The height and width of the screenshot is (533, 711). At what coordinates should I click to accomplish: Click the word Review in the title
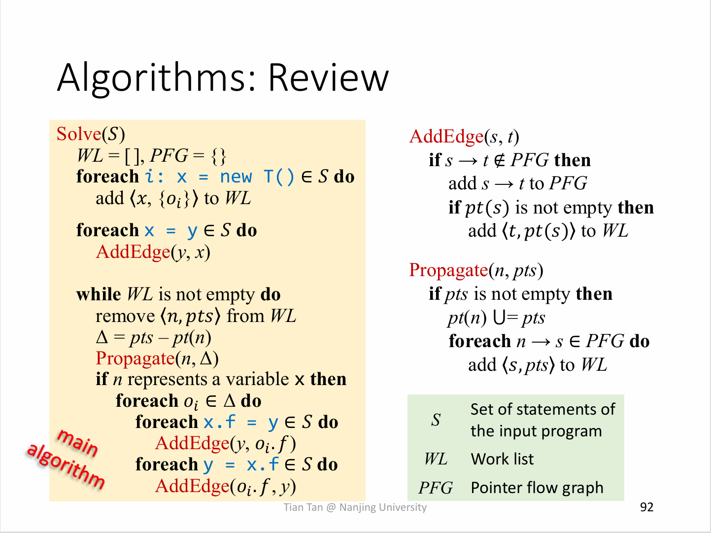click(329, 78)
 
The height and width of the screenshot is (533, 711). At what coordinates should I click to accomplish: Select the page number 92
click(646, 507)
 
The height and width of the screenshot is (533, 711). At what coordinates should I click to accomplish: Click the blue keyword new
click(236, 177)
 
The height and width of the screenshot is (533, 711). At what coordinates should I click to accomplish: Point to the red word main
click(78, 443)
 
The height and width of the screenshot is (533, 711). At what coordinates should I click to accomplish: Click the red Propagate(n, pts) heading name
click(448, 270)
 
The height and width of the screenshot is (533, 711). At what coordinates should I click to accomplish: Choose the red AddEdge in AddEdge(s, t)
click(446, 137)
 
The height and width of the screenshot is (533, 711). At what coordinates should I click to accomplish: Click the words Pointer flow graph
click(537, 488)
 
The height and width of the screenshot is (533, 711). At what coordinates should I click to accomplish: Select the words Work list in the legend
click(502, 459)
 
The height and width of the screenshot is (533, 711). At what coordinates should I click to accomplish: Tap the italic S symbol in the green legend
click(436, 420)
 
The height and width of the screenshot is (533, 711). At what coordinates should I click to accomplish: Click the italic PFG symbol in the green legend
click(436, 488)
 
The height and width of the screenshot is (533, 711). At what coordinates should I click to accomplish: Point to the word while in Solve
click(99, 294)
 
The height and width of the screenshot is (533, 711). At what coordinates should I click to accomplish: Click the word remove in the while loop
click(125, 316)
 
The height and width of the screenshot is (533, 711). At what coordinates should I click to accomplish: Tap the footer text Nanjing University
click(383, 507)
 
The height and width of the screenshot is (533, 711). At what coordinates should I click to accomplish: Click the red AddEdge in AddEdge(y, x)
click(133, 252)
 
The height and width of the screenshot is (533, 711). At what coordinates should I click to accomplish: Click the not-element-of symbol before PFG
click(500, 160)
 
